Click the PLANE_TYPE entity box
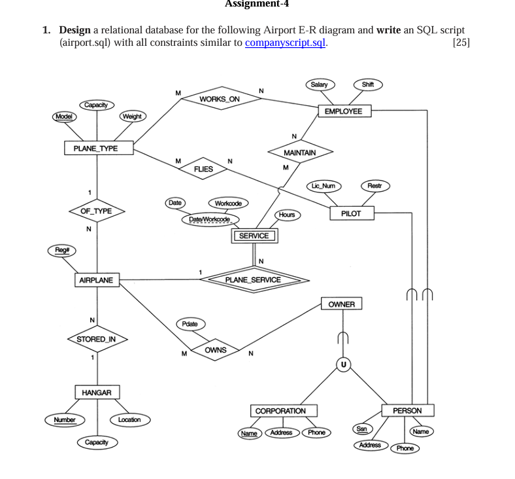coord(96,149)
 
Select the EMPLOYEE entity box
coord(343,111)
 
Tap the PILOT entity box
coord(351,213)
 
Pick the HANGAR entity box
coord(97,393)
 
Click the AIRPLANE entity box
coord(96,281)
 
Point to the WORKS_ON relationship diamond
coord(220,99)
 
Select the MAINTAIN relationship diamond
coord(300,152)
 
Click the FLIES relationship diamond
coord(203,169)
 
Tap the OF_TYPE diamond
coord(96,211)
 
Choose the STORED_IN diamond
coord(96,339)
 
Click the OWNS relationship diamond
coord(215,350)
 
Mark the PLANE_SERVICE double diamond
coord(253,280)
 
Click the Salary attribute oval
coord(319,84)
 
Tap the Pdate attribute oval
coord(190,324)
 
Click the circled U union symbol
coord(343,364)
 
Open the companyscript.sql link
coord(285,43)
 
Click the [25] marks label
coord(459,43)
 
